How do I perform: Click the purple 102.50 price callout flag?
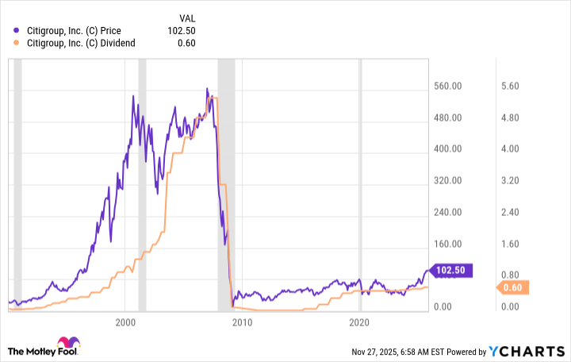click(451, 270)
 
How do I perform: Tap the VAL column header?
click(186, 17)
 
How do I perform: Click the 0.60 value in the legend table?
click(186, 43)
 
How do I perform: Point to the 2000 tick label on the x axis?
click(125, 323)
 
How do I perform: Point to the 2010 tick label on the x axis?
click(242, 323)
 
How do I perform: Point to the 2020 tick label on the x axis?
click(360, 323)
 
